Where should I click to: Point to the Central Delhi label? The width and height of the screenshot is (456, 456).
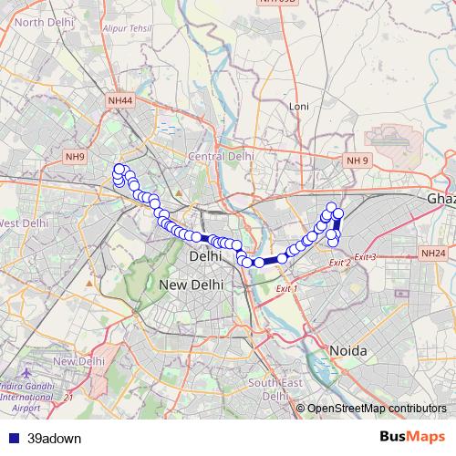tap(220, 157)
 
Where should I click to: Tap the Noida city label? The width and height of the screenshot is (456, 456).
tap(347, 351)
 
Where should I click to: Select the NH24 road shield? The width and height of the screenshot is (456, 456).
tap(433, 253)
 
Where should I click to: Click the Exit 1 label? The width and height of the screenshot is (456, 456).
tap(286, 288)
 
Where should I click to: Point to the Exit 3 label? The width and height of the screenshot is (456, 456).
tap(365, 257)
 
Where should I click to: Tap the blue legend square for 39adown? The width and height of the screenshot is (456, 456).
tap(12, 437)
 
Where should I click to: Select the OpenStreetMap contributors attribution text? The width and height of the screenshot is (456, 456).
tap(377, 408)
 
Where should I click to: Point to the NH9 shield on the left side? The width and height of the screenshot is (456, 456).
tap(75, 157)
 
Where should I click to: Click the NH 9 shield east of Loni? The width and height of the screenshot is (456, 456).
tap(358, 161)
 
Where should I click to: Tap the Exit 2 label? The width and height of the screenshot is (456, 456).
tap(340, 263)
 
